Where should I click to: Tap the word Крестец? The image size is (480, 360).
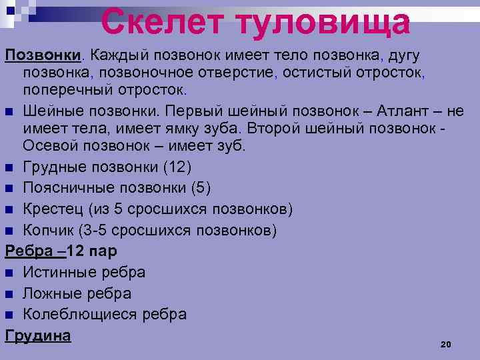51,209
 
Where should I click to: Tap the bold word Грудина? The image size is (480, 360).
38,335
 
